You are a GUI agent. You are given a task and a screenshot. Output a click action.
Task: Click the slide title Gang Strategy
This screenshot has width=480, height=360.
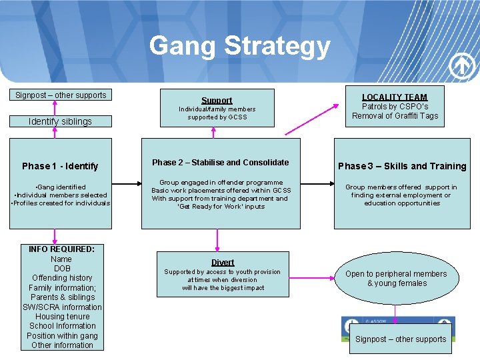coord(240,46)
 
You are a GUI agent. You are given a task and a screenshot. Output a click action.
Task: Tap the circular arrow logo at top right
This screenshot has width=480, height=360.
coord(462,65)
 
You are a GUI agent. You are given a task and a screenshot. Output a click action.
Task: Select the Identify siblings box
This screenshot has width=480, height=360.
coord(60,121)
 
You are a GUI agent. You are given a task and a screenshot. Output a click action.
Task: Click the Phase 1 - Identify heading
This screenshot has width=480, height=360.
coord(60,166)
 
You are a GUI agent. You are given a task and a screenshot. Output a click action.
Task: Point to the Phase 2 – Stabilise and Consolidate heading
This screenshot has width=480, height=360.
coord(221,163)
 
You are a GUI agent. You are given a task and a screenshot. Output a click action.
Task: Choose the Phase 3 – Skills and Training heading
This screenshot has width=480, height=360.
coord(402,166)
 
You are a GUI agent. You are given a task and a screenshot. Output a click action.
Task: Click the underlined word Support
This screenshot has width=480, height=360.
coord(217,100)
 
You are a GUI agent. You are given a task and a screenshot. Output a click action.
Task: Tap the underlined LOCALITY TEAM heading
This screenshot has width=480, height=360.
coord(395,97)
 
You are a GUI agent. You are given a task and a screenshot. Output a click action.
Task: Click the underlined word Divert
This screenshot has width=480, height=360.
coord(223,262)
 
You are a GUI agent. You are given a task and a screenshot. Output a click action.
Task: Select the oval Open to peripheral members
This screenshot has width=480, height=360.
coord(396,278)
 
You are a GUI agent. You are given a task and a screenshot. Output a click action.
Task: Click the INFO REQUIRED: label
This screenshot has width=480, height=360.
coord(62,249)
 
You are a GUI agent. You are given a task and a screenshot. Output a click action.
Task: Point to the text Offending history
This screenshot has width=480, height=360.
coord(62,278)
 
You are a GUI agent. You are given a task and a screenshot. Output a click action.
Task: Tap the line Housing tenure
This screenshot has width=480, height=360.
coord(62,317)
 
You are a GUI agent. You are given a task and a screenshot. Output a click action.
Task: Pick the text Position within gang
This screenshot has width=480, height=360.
coord(62,335)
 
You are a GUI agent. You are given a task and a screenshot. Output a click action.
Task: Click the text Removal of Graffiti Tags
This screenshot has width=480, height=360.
coord(395,116)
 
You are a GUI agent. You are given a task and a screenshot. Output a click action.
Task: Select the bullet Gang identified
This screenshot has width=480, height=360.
coord(62,187)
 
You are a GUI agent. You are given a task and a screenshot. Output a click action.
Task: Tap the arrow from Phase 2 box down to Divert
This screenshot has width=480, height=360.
coord(217,239)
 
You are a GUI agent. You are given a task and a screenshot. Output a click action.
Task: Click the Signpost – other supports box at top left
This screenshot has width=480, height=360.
coord(61,95)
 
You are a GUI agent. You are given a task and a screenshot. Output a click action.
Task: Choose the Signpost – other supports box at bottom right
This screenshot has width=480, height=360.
coord(401,339)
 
